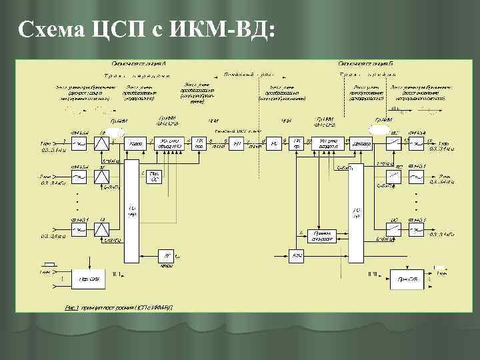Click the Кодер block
point(136,143)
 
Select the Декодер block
point(362,143)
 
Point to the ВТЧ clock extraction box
point(297,255)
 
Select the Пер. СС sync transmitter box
point(155,176)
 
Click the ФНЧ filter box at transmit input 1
point(79,143)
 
